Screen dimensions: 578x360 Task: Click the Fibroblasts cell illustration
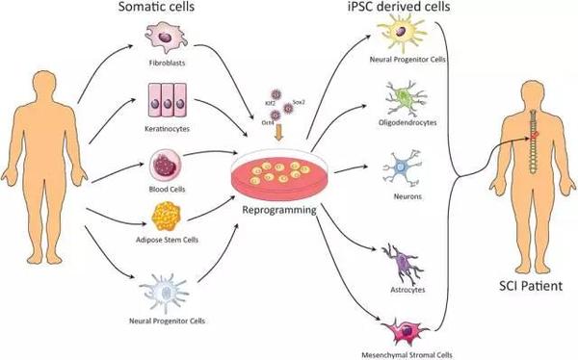point(166,38)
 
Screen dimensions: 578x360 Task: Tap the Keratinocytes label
point(168,129)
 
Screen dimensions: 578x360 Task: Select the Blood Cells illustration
point(166,166)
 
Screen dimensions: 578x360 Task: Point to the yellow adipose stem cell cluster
point(167,217)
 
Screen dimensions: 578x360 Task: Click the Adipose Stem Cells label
point(167,240)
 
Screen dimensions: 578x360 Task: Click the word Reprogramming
point(279,210)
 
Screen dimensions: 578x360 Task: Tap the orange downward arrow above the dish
point(279,132)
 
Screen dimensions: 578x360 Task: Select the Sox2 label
point(299,102)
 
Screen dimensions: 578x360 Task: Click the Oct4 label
point(267,122)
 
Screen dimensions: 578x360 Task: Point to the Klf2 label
point(270,104)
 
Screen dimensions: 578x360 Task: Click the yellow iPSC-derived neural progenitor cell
point(402,32)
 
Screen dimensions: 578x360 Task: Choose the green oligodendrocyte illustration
point(405,99)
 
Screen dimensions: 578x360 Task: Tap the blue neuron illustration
point(402,167)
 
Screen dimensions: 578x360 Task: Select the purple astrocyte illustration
point(403,264)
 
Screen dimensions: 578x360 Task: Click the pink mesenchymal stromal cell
point(406,331)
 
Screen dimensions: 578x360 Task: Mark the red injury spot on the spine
point(536,137)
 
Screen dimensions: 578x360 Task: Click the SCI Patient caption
point(531,286)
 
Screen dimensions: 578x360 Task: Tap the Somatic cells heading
point(156,7)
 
